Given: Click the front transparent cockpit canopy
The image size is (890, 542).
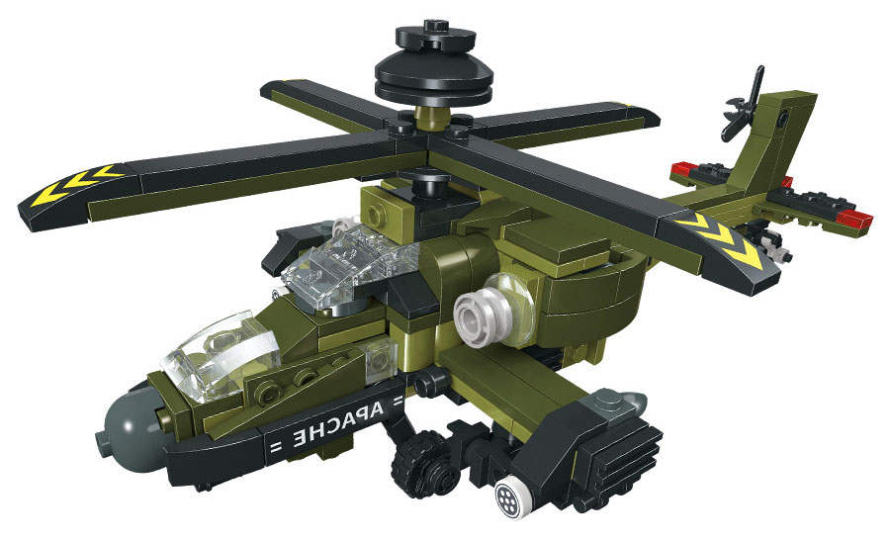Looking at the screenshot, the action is (x=222, y=355).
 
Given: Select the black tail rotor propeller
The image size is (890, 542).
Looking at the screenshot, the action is (x=745, y=106).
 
